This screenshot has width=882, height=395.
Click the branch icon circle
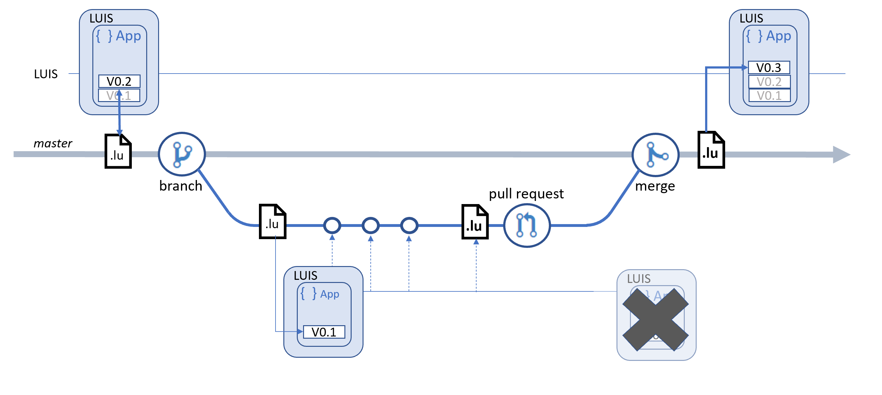pos(182,154)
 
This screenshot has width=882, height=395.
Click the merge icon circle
pos(655,155)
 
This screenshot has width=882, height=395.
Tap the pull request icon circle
pos(527,226)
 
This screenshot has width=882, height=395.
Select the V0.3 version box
pos(769,67)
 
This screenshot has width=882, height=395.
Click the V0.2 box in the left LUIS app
pos(119,81)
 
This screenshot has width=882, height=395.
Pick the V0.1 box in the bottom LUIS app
pos(324,332)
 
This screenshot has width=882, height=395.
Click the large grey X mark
pos(655,319)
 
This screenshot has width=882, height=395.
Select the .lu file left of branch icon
pos(118,151)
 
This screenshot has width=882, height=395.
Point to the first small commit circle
pos(332,226)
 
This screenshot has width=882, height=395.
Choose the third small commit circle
pos(409,226)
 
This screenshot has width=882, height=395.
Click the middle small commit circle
pos(370,226)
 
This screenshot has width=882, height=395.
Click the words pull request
pos(526,194)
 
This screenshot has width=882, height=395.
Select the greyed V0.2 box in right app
pos(769,82)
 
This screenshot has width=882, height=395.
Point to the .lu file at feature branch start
pos(272,222)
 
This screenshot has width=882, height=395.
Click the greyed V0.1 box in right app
pos(769,95)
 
